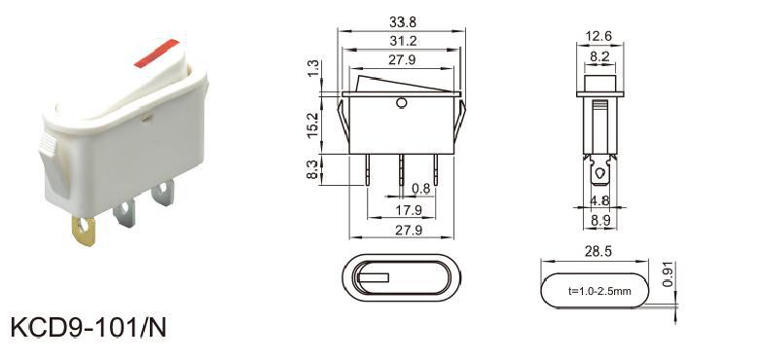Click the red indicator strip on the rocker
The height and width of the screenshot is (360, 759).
click(x=157, y=54)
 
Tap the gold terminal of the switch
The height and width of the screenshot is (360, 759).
click(x=84, y=231)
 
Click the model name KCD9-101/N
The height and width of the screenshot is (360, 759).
click(x=89, y=328)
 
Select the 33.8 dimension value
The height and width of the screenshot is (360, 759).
click(x=403, y=22)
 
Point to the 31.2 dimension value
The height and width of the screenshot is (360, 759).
click(x=403, y=41)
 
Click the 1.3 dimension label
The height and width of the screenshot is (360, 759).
click(x=313, y=68)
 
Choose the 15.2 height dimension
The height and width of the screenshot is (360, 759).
click(x=313, y=125)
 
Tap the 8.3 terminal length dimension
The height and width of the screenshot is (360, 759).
click(x=313, y=170)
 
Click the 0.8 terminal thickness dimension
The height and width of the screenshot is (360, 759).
click(x=420, y=189)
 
